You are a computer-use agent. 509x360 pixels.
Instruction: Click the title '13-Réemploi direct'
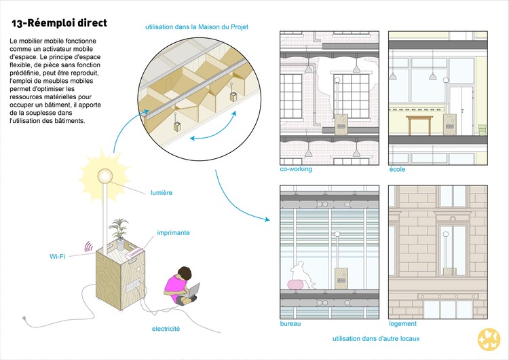(59, 23)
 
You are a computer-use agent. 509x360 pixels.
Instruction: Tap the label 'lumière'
(162, 193)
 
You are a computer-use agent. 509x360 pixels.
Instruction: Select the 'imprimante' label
(173, 232)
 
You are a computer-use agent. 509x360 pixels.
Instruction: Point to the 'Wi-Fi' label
(58, 257)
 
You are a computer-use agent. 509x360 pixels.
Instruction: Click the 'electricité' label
(166, 329)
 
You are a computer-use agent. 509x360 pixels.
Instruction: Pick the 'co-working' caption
(296, 169)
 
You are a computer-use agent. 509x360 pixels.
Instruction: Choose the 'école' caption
(397, 169)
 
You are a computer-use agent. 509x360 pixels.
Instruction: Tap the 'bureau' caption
(290, 324)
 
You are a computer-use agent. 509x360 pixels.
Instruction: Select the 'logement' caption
(402, 324)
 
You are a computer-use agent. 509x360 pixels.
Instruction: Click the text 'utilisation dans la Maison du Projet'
(196, 27)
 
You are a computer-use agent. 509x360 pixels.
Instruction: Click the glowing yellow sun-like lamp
(105, 175)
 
